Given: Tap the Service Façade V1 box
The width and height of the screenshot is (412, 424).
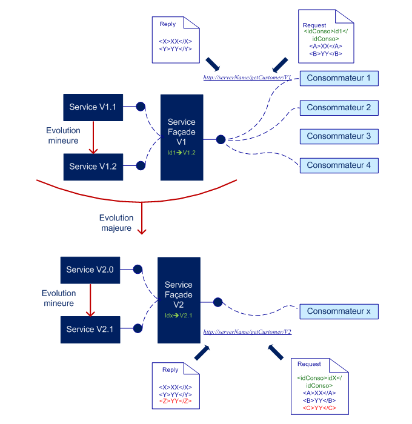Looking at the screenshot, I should click(x=181, y=137).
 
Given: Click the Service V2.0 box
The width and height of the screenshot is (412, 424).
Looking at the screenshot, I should click(x=90, y=270).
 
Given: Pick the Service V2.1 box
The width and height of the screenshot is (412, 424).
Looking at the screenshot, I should click(x=90, y=329).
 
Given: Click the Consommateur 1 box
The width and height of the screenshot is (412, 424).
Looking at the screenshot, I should click(x=339, y=78).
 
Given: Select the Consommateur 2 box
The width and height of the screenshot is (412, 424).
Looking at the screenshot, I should click(x=339, y=108).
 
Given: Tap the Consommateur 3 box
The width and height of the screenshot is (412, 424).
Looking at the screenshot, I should click(x=339, y=136).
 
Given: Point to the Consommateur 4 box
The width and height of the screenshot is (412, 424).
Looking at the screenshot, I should click(x=339, y=165).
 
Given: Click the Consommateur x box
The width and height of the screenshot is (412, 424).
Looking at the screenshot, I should click(x=339, y=311).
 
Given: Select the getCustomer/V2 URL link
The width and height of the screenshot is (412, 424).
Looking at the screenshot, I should click(x=247, y=332).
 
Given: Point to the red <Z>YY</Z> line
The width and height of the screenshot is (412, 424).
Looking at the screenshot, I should click(x=175, y=401).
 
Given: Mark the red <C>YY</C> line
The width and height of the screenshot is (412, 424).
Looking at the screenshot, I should click(x=319, y=408).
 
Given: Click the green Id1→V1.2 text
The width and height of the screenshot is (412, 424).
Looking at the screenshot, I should click(x=181, y=153).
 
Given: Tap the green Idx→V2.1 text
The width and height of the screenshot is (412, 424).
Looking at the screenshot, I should click(x=179, y=316).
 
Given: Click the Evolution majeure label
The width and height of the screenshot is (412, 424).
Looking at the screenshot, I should click(x=116, y=223).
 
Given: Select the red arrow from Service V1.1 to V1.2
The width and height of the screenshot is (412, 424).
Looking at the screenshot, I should click(x=93, y=137).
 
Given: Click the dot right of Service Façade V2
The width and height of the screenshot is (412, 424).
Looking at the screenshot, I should click(x=218, y=301).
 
